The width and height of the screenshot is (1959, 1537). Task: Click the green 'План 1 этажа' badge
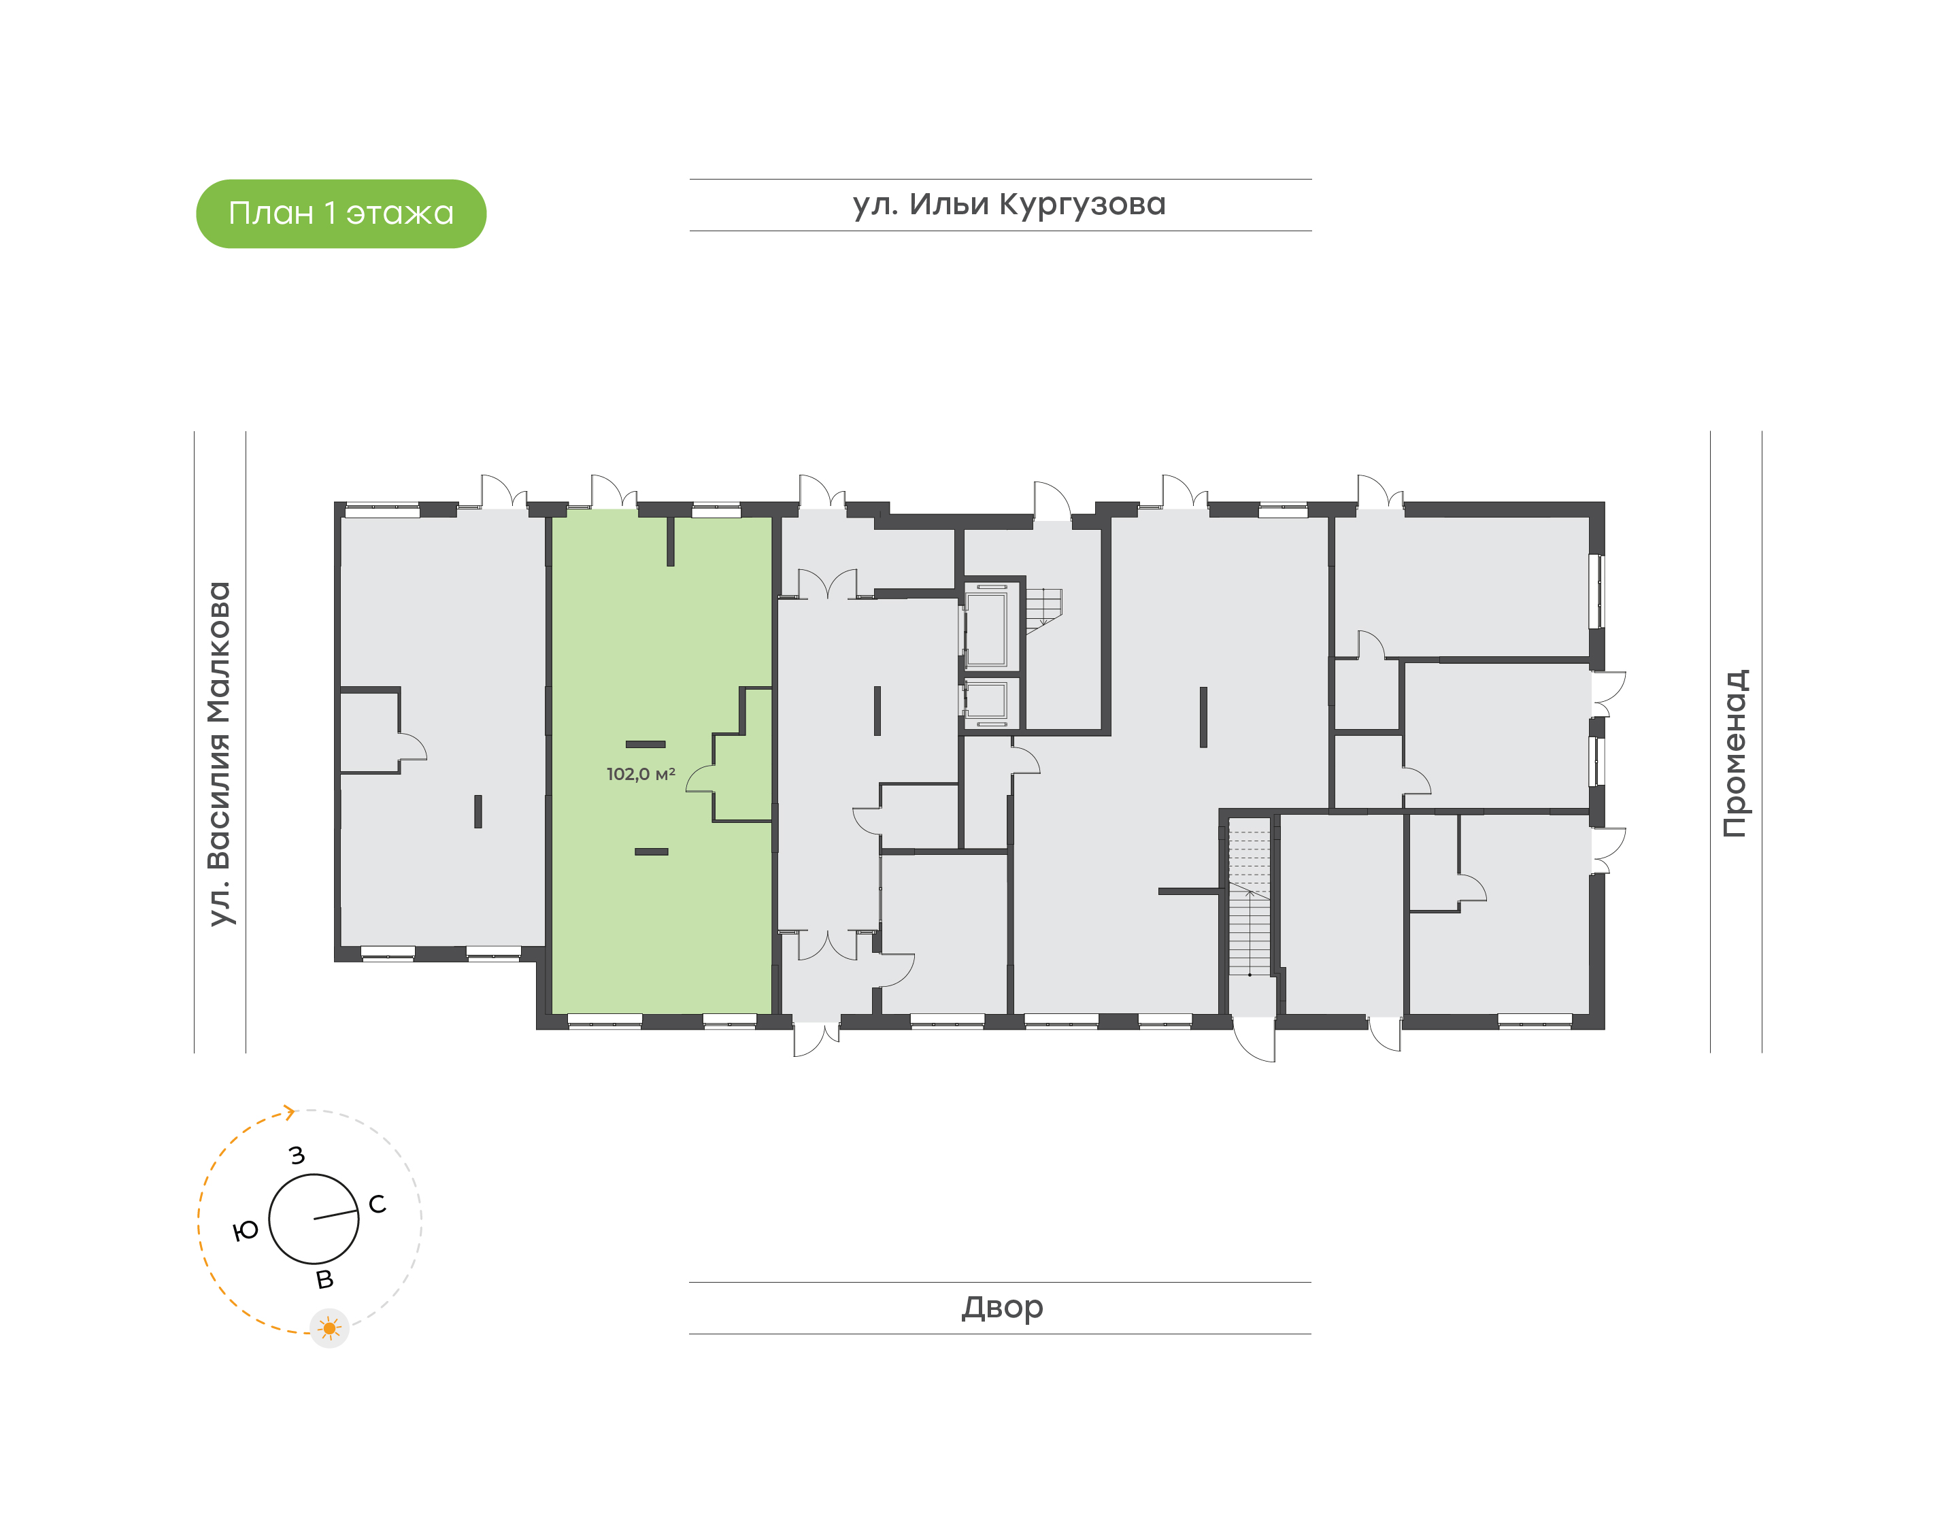click(341, 214)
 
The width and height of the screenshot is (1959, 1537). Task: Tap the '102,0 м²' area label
click(641, 774)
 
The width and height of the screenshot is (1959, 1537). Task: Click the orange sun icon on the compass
click(329, 1328)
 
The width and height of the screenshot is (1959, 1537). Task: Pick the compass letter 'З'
click(297, 1155)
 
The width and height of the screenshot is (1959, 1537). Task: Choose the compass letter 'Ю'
click(246, 1230)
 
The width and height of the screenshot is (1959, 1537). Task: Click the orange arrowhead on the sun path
click(290, 1113)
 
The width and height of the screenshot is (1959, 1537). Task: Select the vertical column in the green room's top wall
click(671, 542)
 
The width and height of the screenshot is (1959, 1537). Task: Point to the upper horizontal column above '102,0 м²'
click(646, 744)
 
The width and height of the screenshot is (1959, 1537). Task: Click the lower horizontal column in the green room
click(652, 851)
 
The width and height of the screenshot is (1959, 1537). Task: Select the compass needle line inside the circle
click(335, 1214)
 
